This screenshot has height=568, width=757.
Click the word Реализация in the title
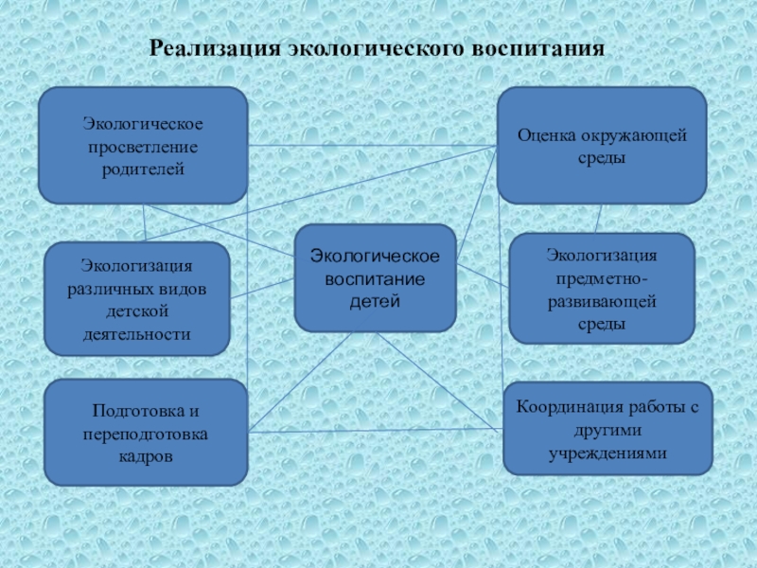pyautogui.click(x=215, y=47)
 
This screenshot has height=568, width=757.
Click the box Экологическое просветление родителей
pyautogui.click(x=143, y=146)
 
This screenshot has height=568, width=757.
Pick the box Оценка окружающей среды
pyautogui.click(x=602, y=146)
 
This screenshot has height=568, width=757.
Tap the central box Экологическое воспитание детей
pyautogui.click(x=375, y=278)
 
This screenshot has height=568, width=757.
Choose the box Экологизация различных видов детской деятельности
pyautogui.click(x=137, y=298)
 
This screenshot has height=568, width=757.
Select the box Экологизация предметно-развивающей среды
pyautogui.click(x=602, y=288)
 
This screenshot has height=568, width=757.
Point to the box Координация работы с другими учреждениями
pyautogui.click(x=607, y=429)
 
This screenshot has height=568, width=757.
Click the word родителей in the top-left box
pyautogui.click(x=143, y=169)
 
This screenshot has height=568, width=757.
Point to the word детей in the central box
pyautogui.click(x=375, y=301)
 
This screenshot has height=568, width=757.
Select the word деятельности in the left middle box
pyautogui.click(x=138, y=333)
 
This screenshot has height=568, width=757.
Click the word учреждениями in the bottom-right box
pyautogui.click(x=607, y=453)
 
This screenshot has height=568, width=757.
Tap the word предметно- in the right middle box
pyautogui.click(x=603, y=278)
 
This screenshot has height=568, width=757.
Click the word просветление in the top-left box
pyautogui.click(x=143, y=147)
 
